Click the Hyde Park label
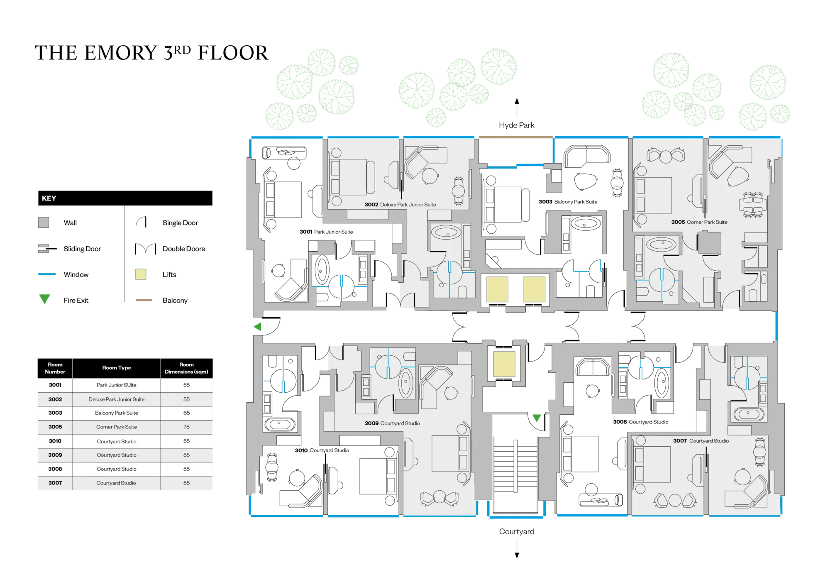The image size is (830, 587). click(516, 125)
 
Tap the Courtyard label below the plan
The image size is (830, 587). click(517, 531)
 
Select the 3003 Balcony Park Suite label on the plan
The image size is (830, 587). click(568, 202)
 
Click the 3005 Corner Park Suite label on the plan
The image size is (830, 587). click(699, 222)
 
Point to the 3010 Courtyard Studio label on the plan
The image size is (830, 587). click(322, 450)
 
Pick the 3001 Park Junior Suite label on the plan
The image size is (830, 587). click(326, 232)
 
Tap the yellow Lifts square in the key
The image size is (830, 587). click(141, 274)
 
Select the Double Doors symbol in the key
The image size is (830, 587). click(145, 249)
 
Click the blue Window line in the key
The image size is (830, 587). click(47, 274)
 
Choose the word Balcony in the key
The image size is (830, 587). click(175, 300)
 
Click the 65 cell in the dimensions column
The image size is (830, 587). click(187, 413)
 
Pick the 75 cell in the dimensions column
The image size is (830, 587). click(187, 427)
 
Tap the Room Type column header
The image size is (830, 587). click(117, 368)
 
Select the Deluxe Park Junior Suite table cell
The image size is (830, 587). click(117, 399)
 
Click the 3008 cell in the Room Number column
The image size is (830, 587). click(55, 469)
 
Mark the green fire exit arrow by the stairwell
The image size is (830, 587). click(537, 418)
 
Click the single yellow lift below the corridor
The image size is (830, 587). click(504, 364)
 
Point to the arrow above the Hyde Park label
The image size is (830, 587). click(517, 108)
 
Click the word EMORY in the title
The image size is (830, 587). click(121, 53)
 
